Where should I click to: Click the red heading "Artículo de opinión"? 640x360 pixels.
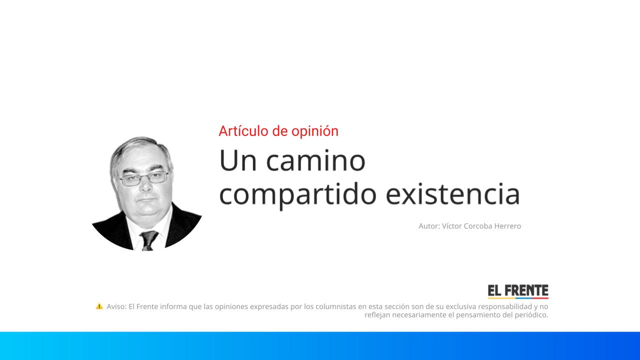point(278,131)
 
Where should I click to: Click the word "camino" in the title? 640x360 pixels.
point(315,161)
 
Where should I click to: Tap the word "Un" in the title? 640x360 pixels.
point(236,161)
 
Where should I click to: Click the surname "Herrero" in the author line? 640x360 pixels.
point(507,226)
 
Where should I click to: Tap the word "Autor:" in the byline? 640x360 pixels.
point(429,226)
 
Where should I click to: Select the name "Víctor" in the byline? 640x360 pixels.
point(452,226)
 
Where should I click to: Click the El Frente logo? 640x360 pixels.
point(518,291)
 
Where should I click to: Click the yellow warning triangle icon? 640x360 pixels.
point(99,306)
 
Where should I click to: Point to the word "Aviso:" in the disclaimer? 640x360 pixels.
point(116,306)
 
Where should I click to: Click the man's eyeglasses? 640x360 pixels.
point(143,178)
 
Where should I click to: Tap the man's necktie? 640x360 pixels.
point(148,240)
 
